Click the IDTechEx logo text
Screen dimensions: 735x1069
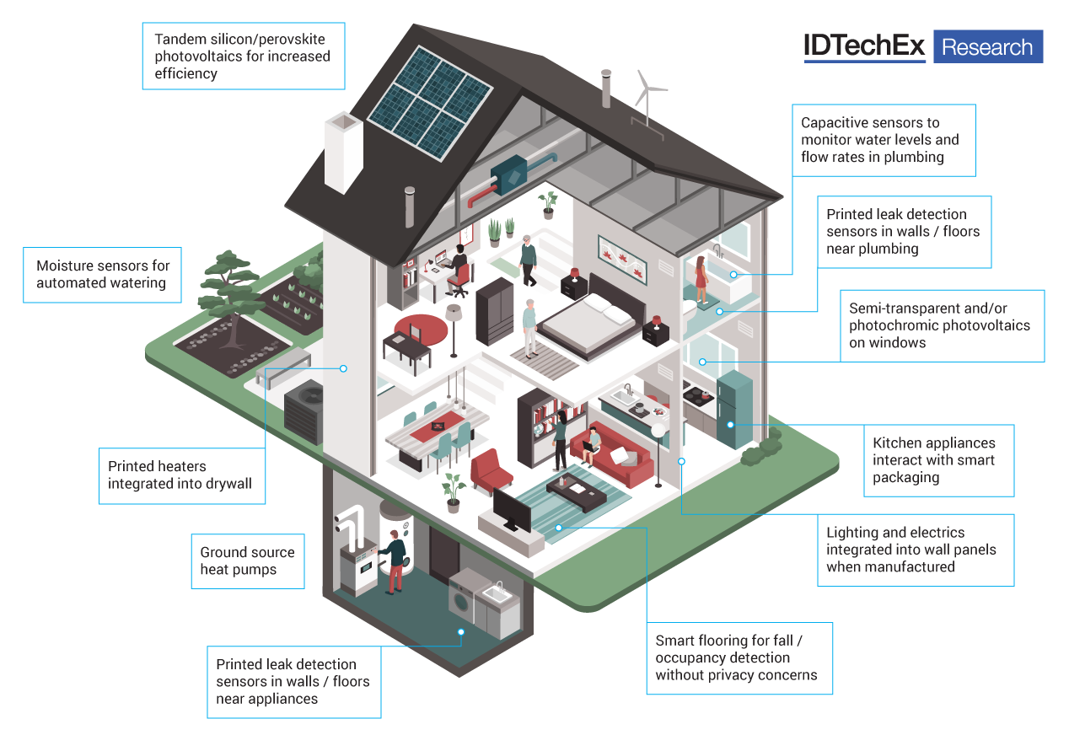point(864,46)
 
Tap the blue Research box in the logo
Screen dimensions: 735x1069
point(987,47)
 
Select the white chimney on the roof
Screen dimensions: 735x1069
point(343,152)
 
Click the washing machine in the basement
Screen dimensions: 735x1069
point(463,600)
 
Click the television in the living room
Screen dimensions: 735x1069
point(512,509)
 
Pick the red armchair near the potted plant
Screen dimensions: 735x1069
point(486,470)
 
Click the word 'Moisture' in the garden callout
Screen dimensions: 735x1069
point(67,266)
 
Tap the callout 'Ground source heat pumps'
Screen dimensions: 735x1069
point(247,561)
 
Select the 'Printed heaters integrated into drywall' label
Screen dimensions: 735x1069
point(181,475)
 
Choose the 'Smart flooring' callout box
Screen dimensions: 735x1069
point(739,658)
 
